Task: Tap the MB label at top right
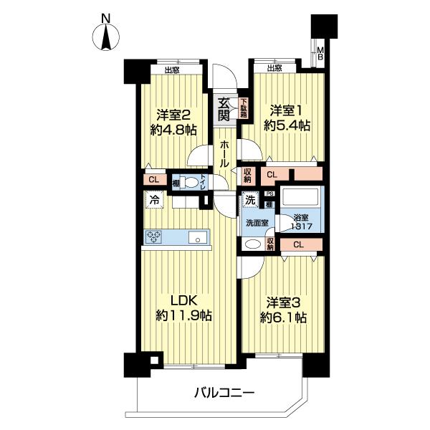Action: click(x=321, y=54)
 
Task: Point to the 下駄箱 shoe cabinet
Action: click(x=244, y=107)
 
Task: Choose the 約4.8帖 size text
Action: click(x=173, y=130)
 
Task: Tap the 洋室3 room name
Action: click(x=287, y=302)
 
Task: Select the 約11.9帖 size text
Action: click(x=183, y=315)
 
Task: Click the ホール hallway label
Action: click(x=225, y=153)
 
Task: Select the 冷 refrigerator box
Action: click(x=153, y=201)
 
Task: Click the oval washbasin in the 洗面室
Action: click(x=253, y=244)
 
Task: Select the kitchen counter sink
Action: click(x=196, y=237)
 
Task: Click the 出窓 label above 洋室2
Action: click(x=172, y=70)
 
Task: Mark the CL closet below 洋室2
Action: click(x=154, y=180)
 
